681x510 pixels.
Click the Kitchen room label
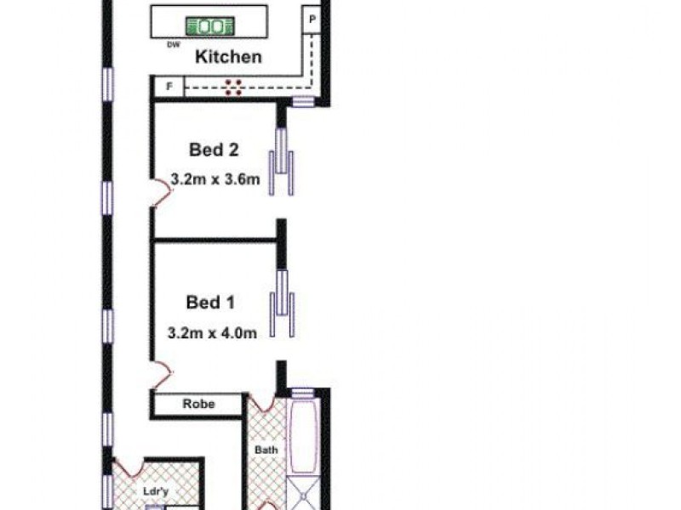228,57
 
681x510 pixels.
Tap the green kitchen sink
210,26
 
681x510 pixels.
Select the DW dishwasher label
174,44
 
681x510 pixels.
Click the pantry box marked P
312,20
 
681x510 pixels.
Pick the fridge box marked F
169,87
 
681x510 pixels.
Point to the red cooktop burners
233,88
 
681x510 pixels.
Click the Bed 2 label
214,150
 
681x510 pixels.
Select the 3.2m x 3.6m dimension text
215,179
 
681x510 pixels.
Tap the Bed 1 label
210,303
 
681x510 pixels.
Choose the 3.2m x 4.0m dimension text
212,333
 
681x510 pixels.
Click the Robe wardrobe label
199,405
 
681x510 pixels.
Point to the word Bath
266,450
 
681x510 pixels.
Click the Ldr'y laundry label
156,492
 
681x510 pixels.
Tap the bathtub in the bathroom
303,436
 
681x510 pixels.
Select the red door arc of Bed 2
163,192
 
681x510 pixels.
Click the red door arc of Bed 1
163,375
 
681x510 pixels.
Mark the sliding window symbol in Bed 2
282,161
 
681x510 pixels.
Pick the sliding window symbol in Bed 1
282,303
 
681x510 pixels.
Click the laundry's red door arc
129,467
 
